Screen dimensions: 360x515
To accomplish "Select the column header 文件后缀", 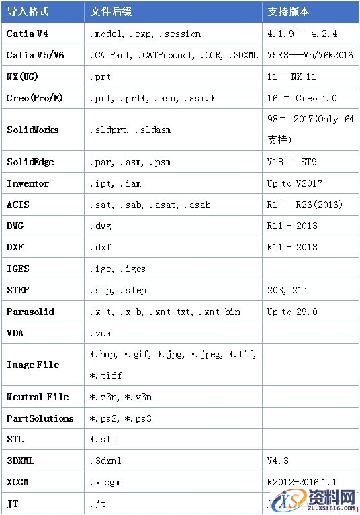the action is [x=112, y=12].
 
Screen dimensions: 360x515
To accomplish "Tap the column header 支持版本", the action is [x=288, y=12].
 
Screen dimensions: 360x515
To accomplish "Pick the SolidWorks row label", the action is [x=33, y=130].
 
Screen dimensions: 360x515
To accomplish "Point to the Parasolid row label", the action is [x=31, y=312].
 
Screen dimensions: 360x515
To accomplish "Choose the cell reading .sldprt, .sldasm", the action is [x=130, y=130].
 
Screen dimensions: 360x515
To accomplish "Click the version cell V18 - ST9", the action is [x=291, y=162].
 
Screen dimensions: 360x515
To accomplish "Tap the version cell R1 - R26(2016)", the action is [x=302, y=205].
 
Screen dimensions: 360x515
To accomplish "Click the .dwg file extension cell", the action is [x=100, y=226].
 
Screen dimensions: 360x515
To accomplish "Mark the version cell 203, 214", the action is [x=287, y=290].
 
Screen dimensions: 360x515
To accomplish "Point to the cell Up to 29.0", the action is [x=292, y=312].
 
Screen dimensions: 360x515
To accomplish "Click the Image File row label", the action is [x=33, y=365].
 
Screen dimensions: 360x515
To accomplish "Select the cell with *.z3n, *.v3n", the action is [x=121, y=397].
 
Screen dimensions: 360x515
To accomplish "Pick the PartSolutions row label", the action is [x=40, y=418].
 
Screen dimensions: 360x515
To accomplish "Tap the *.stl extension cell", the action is [x=103, y=440].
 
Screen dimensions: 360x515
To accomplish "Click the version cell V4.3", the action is [x=278, y=461].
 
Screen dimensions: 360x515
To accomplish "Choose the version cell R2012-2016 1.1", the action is [x=301, y=483].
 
